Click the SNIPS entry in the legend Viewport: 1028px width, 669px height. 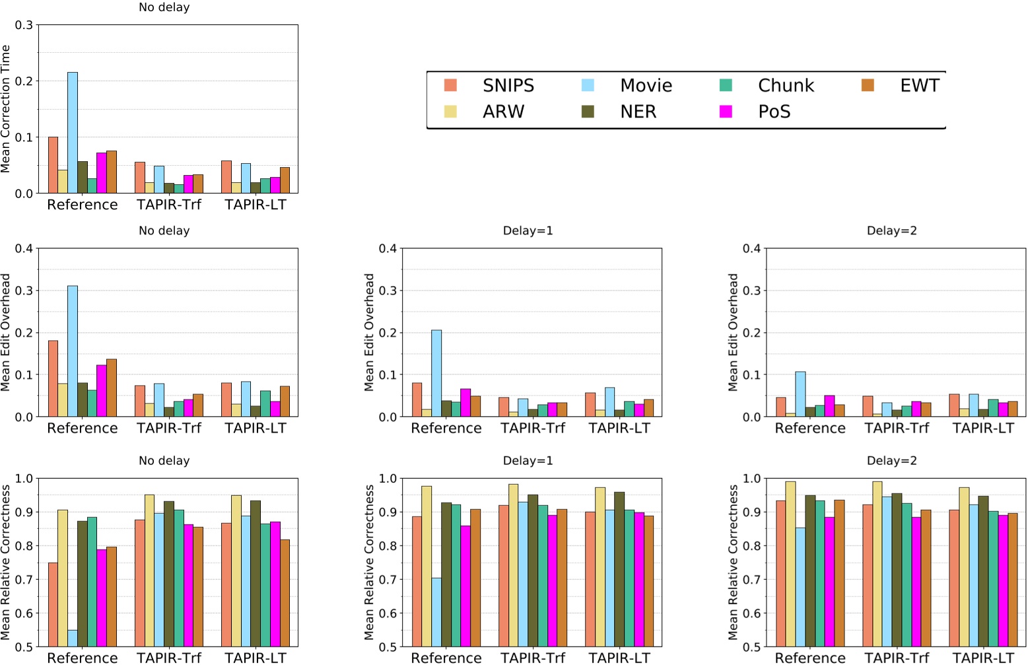(x=508, y=86)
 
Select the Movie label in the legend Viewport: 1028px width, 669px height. (x=646, y=86)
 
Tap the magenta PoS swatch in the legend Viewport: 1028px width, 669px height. (x=726, y=112)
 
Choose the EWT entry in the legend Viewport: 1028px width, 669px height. (x=919, y=86)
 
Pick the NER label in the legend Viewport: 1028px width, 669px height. (x=638, y=112)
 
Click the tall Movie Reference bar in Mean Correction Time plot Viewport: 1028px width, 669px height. (x=73, y=133)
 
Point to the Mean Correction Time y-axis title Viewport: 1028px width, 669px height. (x=6, y=109)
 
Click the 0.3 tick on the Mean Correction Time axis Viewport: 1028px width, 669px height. (x=24, y=25)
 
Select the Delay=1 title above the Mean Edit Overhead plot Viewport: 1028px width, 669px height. (x=528, y=230)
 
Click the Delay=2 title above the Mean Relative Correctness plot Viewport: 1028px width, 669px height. (x=891, y=460)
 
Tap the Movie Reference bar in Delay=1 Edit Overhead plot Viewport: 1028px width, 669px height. (x=436, y=373)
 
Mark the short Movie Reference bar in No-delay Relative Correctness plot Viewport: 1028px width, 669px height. (x=73, y=638)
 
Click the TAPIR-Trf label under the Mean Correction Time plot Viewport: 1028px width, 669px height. (x=169, y=205)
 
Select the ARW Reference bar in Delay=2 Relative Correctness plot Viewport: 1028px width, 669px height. (x=790, y=564)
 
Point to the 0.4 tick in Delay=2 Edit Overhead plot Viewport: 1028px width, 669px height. (x=751, y=248)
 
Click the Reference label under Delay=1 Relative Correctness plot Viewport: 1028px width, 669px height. (x=446, y=658)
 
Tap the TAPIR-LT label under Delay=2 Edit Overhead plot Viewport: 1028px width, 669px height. (x=982, y=428)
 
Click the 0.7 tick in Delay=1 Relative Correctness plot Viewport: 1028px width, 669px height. (x=388, y=579)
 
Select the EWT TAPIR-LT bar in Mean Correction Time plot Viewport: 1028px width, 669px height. (x=285, y=180)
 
